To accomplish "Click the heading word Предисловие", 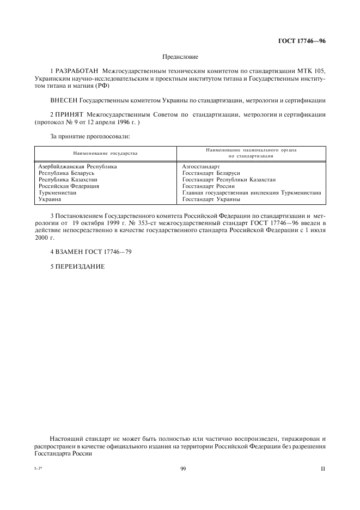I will pyautogui.click(x=180, y=56).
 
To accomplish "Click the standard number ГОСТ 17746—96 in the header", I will pyautogui.click(x=302, y=40).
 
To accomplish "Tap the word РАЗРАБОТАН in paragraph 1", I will pyautogui.click(x=75, y=71).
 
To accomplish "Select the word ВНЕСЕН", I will pyautogui.click(x=63, y=100).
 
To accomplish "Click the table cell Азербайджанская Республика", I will pyautogui.click(x=78, y=166).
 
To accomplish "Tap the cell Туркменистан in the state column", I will pyautogui.click(x=57, y=192).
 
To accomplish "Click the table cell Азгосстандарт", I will pyautogui.click(x=201, y=166).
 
